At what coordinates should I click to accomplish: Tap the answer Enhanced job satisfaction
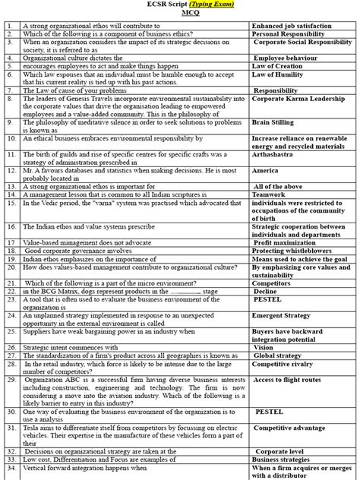point(292,26)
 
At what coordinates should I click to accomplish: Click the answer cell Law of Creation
point(278,66)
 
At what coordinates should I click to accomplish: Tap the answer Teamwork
point(270,194)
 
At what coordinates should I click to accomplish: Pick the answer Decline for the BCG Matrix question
point(267,291)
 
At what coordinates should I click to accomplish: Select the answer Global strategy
point(278,355)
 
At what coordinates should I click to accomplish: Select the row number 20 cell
point(10,267)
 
